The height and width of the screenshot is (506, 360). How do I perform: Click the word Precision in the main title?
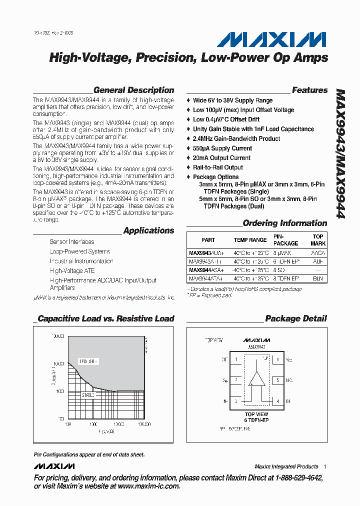point(161,58)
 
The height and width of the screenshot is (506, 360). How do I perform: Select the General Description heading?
point(133,90)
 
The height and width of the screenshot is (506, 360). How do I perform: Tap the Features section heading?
point(309,90)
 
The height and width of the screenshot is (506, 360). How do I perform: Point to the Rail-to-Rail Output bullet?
point(218,167)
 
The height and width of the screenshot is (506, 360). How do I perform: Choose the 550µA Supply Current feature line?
point(222,148)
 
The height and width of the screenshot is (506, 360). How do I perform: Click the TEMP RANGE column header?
point(250,240)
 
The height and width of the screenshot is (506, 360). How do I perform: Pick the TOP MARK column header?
point(318,240)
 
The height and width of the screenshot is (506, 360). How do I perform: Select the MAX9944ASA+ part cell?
point(206,270)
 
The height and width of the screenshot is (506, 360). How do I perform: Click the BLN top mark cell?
point(318,277)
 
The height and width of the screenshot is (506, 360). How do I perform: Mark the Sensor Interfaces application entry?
point(71,242)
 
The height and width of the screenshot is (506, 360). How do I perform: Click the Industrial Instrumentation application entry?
point(81,261)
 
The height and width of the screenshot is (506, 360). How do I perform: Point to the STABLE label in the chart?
point(88,395)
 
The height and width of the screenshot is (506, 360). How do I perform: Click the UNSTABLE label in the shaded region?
point(89,360)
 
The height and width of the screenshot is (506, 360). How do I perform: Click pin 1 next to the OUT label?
point(235,359)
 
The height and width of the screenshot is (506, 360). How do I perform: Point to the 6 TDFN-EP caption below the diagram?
point(256,420)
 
